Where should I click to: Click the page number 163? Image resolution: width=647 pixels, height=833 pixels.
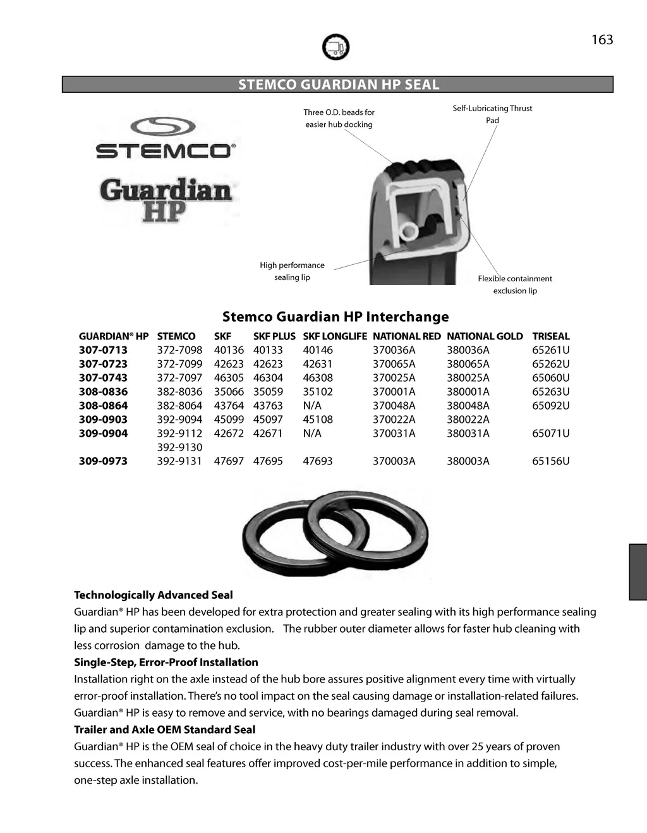602,40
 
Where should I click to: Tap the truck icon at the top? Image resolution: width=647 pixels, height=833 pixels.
336,47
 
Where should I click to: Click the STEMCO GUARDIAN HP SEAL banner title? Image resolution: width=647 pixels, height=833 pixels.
338,85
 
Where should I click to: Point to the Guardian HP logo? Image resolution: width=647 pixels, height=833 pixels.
166,200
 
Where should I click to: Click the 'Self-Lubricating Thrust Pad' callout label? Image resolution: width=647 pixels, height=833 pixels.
492,114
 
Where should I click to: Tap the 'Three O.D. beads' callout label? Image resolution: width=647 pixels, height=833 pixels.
339,118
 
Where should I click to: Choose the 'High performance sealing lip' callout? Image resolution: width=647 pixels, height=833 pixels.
292,271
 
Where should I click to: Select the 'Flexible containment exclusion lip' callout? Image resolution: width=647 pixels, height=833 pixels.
515,284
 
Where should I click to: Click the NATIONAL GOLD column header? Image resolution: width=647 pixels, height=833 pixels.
485,336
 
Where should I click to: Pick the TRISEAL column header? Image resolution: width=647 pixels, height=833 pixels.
550,336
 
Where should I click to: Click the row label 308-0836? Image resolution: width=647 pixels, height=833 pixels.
103,392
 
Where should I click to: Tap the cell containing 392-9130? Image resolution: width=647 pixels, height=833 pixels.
179,447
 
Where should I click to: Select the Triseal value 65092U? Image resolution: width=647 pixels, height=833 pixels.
550,406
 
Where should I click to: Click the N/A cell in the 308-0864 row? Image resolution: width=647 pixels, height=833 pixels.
312,406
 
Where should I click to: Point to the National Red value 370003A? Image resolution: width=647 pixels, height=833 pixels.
394,461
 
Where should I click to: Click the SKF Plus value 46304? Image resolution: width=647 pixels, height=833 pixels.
268,378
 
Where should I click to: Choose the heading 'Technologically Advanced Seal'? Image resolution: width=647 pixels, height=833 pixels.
154,595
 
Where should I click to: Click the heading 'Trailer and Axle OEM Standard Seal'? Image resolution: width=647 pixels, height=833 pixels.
165,730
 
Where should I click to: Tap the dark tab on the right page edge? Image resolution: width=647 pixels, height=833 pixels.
638,572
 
